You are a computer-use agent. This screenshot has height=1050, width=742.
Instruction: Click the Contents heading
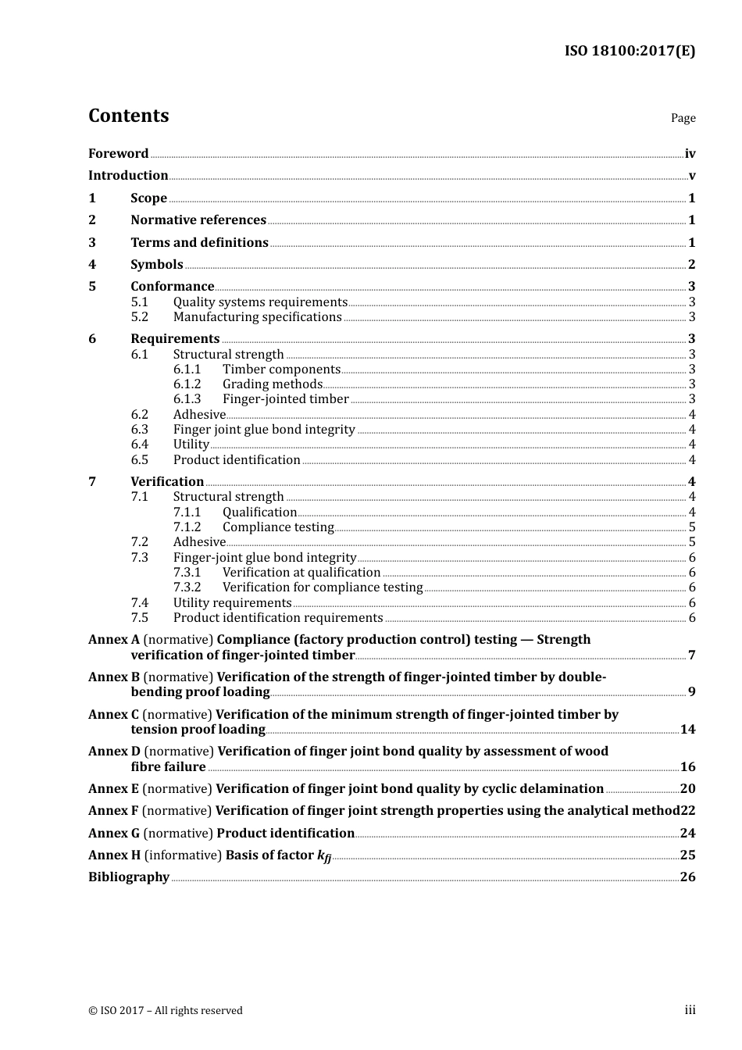(128, 116)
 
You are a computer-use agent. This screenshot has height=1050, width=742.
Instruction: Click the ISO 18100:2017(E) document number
(630, 51)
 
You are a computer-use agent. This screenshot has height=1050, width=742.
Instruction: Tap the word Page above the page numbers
(683, 118)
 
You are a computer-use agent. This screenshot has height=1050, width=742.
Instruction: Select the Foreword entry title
(118, 154)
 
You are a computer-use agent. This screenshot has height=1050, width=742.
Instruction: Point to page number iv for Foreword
(690, 154)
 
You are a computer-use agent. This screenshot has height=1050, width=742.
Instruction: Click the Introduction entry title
(128, 176)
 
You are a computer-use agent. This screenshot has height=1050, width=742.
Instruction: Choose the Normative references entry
(198, 220)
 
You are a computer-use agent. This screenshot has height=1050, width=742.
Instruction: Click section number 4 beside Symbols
(92, 265)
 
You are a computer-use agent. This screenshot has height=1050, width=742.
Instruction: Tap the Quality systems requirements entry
(260, 302)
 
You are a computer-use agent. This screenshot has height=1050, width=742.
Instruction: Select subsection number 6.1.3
(187, 399)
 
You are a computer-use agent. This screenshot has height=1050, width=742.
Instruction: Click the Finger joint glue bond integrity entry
(264, 430)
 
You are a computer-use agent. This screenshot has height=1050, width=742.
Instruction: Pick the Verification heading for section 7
(167, 482)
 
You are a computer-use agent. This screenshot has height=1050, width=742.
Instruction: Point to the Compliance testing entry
(278, 527)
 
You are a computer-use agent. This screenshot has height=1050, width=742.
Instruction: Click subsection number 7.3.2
(187, 587)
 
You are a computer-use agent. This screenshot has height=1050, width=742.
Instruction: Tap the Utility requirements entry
(232, 603)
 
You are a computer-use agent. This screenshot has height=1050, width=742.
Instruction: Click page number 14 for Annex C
(687, 730)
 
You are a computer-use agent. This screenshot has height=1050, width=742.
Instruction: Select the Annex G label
(114, 834)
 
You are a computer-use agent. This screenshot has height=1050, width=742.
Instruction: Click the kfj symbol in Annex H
(324, 856)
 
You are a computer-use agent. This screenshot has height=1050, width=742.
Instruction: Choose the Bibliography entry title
(129, 877)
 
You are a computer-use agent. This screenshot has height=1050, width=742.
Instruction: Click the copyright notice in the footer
(166, 1011)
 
